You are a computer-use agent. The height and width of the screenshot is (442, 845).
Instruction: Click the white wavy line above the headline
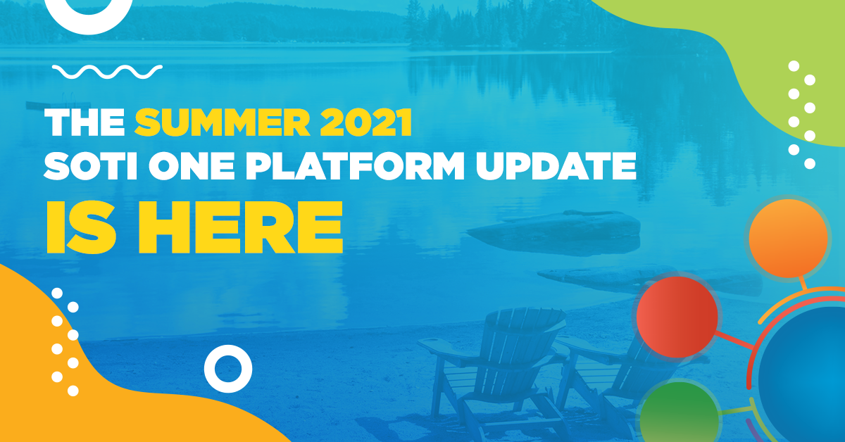(x=108, y=70)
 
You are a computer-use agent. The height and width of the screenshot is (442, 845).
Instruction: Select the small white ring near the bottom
(x=227, y=367)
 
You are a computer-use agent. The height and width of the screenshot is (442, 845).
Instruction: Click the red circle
(x=677, y=316)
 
